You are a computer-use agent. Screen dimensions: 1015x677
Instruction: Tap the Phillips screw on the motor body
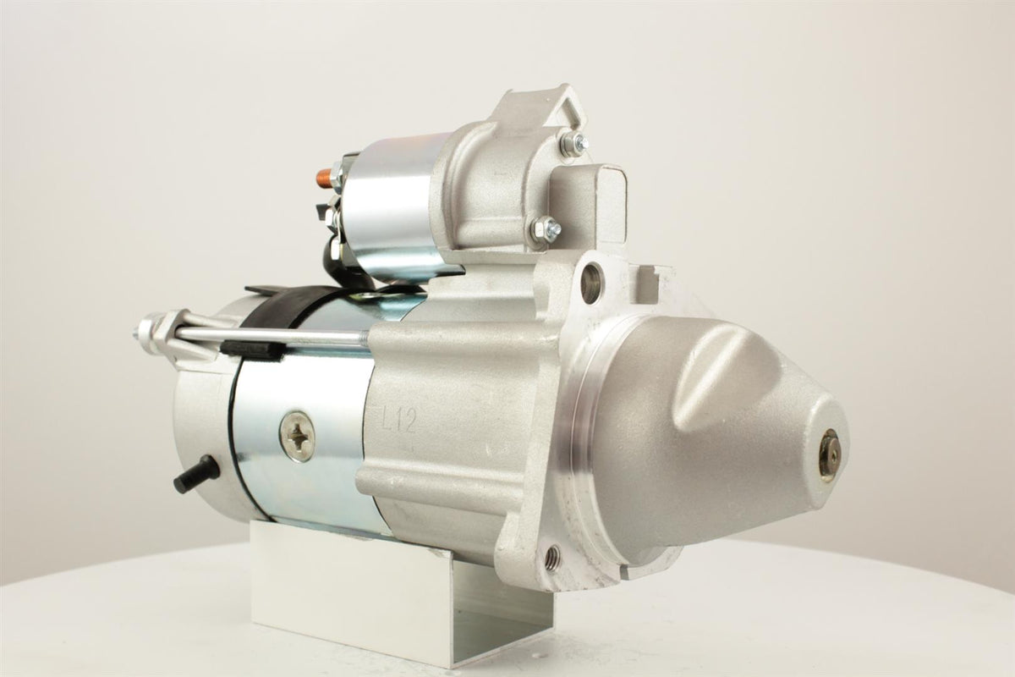[x=297, y=436]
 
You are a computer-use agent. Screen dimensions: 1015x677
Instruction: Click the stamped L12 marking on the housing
[x=398, y=420]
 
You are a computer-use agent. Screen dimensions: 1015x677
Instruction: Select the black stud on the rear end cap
[x=195, y=474]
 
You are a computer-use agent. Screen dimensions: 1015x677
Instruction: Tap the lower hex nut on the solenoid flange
[x=546, y=228]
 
